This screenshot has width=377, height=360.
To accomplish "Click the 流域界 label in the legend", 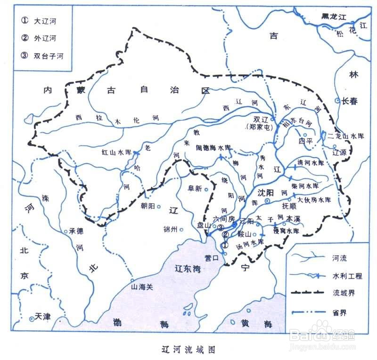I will [x=347, y=293].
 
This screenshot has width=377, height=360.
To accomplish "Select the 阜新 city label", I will [x=195, y=188].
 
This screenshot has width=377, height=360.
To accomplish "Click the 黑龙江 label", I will [x=333, y=17].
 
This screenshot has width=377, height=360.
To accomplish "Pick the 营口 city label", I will [x=212, y=258].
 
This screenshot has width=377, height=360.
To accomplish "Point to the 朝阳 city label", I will [x=149, y=207].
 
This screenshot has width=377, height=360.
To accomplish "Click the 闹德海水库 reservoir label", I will [x=214, y=148].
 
